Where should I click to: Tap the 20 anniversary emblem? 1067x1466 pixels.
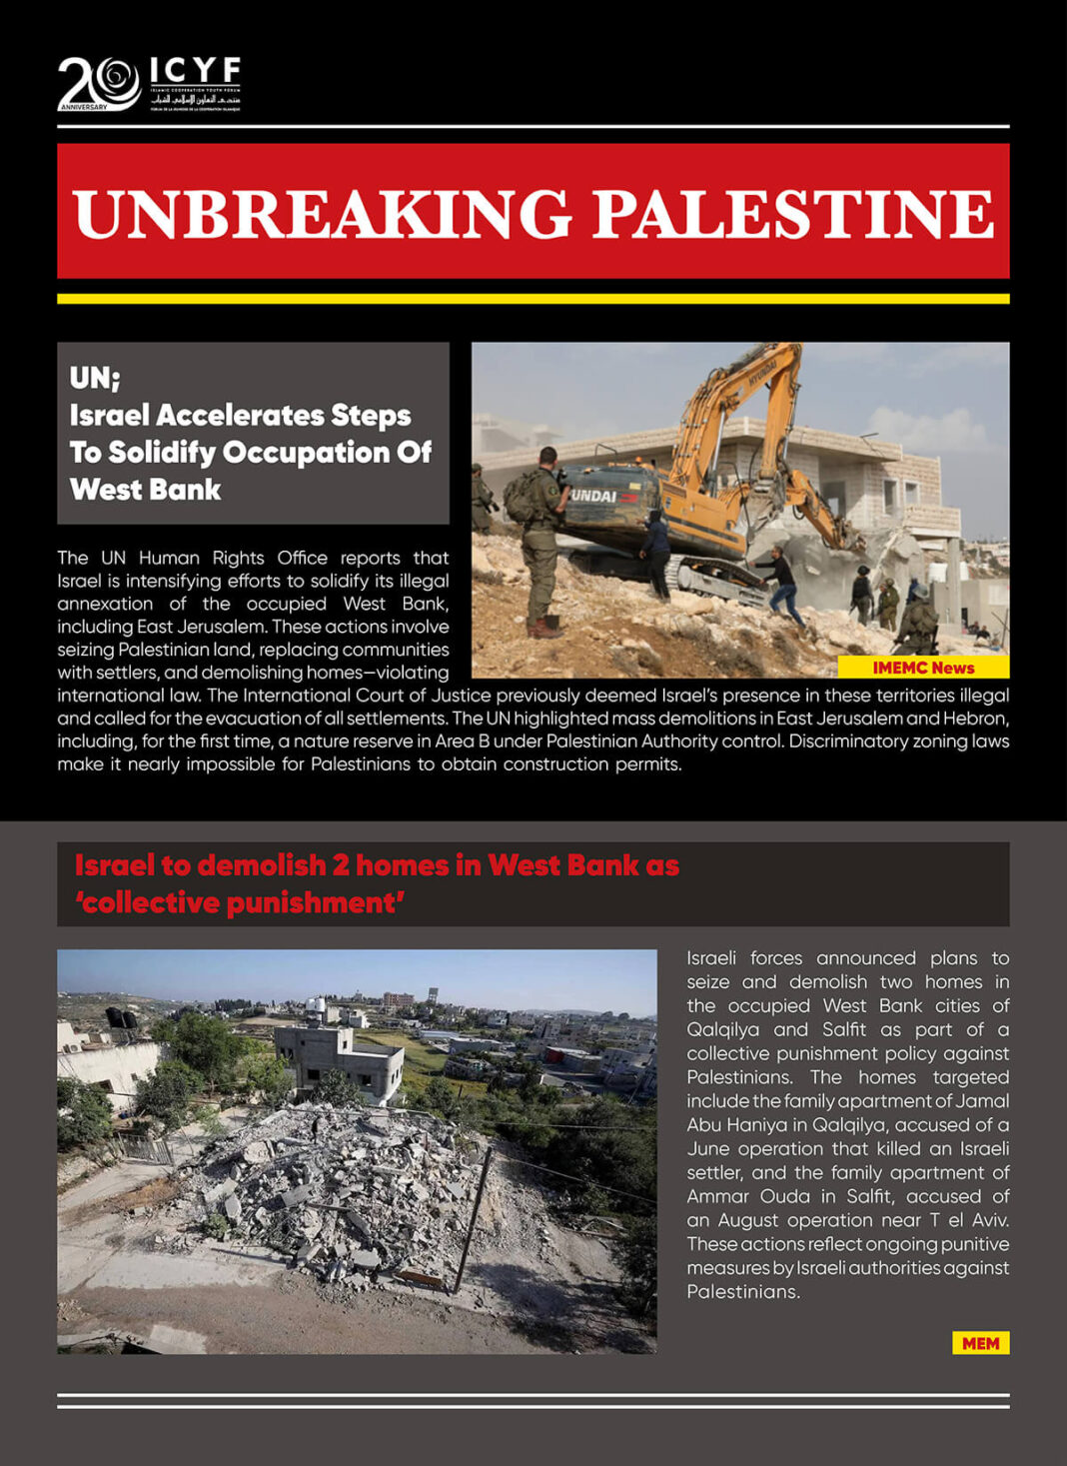coord(98,83)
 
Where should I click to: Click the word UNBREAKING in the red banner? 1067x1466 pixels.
coord(322,213)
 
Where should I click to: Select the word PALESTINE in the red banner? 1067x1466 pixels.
coord(793,213)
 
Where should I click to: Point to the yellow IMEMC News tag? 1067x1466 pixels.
coord(923,668)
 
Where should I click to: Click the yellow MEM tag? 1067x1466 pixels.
coord(980,1343)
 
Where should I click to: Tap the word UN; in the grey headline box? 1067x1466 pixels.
coord(95,379)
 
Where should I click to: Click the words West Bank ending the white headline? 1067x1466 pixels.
coord(146,490)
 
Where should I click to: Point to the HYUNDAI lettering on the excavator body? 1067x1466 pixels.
coord(595,496)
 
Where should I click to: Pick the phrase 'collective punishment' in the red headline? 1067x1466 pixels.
coord(240,903)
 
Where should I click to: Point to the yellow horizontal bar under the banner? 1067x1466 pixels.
coord(533,299)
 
